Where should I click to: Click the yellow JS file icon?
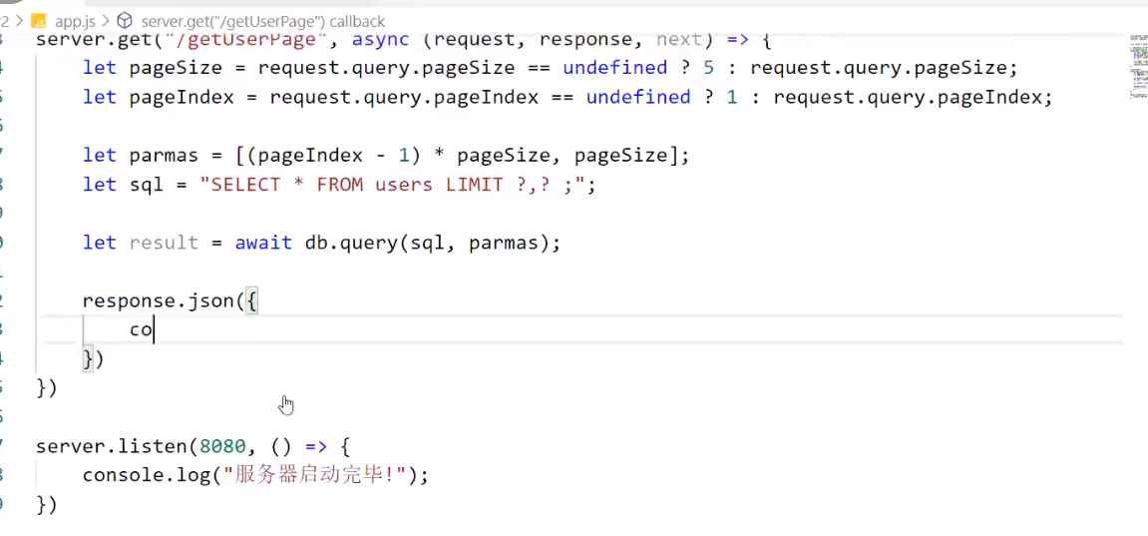(39, 21)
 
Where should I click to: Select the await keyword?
(263, 243)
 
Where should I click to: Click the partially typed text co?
(141, 330)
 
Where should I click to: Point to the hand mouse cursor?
(286, 404)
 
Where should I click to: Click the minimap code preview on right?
(1138, 65)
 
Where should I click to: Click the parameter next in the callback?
(678, 40)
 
